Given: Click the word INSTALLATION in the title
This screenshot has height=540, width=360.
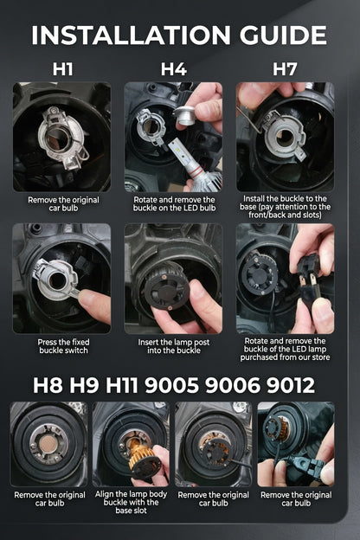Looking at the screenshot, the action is [x=131, y=35].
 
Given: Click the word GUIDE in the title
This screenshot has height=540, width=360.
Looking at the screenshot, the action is [x=283, y=35].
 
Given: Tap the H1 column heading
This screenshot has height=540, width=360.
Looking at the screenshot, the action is [x=62, y=69].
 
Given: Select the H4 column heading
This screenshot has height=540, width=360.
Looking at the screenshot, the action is [x=174, y=69].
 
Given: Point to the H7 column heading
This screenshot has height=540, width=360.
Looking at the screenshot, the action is [x=285, y=69].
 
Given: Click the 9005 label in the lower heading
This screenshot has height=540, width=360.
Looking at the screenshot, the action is [x=171, y=385].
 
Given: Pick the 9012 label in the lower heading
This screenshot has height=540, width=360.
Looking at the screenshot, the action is [x=291, y=385].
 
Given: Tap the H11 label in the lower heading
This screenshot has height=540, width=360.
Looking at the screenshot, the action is [x=121, y=385].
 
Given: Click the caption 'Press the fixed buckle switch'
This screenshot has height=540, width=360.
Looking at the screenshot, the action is [x=63, y=346].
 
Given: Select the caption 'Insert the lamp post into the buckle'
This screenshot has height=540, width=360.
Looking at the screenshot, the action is [x=174, y=346].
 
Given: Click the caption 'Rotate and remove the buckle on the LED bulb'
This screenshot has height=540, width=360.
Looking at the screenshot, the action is [x=174, y=203].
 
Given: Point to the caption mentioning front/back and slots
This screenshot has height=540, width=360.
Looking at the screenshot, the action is [x=285, y=207].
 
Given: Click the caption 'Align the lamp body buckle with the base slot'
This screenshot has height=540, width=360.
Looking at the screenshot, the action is [x=131, y=502].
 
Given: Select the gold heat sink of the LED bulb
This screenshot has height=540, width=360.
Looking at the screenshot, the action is [x=138, y=451].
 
